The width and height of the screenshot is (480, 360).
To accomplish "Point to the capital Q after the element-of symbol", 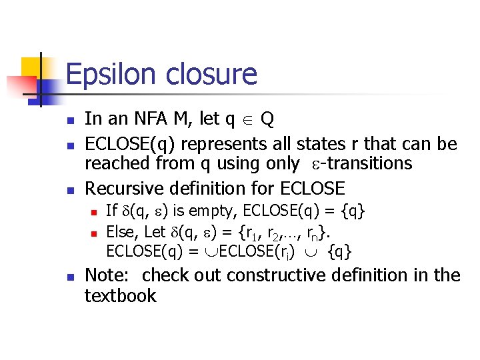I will (x=267, y=119).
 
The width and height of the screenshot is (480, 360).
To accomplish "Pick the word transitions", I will (x=369, y=163).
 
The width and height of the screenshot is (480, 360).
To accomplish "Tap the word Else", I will (x=121, y=232).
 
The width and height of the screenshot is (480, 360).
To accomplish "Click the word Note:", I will (x=109, y=275).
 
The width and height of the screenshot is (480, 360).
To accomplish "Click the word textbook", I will (x=120, y=295).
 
